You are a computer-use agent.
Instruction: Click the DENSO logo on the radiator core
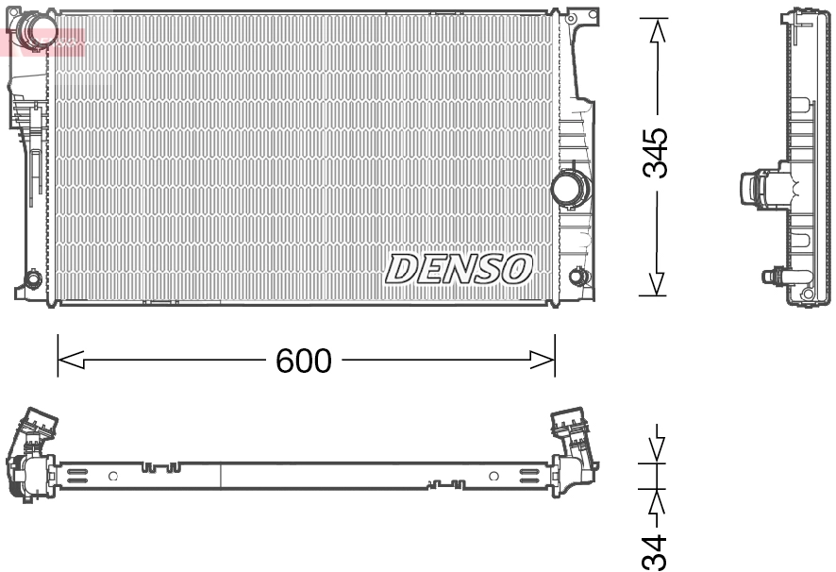point(459,269)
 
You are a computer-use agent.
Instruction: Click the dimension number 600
point(303,361)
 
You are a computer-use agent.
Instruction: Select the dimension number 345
point(656,153)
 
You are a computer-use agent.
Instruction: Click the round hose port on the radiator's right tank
point(569,187)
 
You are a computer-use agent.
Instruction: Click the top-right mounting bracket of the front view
point(583,15)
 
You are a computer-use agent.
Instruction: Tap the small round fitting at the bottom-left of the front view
point(31,279)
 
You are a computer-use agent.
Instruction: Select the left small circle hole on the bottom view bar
point(113,476)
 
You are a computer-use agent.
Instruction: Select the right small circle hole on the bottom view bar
point(493,476)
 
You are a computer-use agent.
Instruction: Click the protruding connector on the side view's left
point(758,185)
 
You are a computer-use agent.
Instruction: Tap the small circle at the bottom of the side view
point(807,294)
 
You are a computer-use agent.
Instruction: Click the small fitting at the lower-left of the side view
point(776,277)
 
